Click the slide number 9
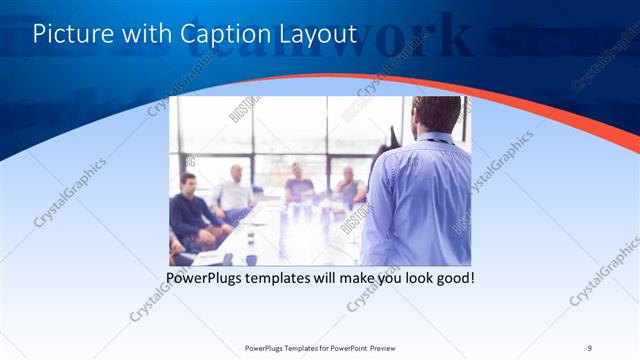590,347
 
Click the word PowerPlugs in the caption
206,277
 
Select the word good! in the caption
452,277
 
